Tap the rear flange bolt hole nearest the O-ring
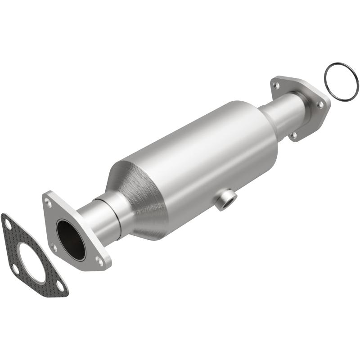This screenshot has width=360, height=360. (x=320, y=104)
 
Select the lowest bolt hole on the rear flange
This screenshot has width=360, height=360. (x=293, y=135)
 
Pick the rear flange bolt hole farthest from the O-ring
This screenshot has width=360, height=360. (x=276, y=84)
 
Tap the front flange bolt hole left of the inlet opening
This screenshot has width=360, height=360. (x=54, y=247)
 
